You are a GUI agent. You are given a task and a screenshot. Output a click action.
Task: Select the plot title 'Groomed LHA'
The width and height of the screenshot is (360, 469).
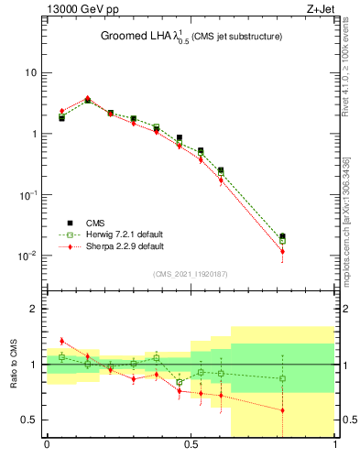click(137, 37)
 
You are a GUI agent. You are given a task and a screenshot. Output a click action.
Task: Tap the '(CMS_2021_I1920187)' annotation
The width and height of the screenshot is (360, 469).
click(190, 273)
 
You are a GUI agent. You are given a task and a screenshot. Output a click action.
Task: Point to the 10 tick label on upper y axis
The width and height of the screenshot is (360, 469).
click(30, 72)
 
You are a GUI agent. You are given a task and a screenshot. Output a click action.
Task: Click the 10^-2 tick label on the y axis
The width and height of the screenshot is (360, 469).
click(27, 256)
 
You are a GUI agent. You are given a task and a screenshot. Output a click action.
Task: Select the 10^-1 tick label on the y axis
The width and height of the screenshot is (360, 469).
click(27, 195)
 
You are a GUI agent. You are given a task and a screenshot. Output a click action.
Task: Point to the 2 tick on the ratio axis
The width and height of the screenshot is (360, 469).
click(35, 309)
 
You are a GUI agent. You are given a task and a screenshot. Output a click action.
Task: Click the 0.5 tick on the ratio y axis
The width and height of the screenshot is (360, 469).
click(30, 420)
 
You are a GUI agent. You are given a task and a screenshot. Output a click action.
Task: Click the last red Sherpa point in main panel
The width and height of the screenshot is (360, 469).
click(282, 251)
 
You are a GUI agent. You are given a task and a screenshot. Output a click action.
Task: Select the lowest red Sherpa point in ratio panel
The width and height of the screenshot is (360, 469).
click(282, 410)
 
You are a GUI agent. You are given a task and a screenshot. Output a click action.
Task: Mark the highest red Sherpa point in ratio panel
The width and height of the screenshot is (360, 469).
click(61, 341)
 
